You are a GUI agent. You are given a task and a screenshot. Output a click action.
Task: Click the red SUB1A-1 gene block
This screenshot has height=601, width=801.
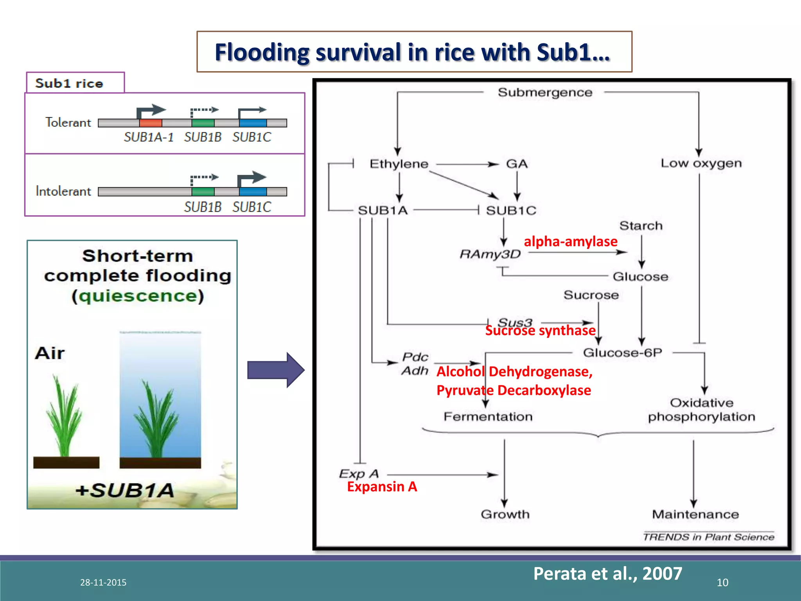tap(151, 123)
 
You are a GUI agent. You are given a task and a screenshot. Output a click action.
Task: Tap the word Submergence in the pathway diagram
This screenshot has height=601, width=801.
tap(545, 93)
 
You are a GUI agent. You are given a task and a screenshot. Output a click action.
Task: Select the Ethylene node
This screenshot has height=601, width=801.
tap(399, 164)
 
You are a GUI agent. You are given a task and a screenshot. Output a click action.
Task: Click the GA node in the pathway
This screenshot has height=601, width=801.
tap(517, 164)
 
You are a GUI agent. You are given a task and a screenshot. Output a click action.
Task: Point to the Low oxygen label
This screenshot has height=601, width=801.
tap(701, 163)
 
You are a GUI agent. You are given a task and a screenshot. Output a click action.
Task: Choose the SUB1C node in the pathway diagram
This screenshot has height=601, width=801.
tap(511, 211)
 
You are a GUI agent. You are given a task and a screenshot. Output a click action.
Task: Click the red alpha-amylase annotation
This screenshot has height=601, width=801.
tap(571, 241)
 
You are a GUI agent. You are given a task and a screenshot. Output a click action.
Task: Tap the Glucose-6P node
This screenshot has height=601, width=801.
tap(622, 353)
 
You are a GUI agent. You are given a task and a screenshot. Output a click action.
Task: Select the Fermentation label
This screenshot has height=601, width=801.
tap(488, 417)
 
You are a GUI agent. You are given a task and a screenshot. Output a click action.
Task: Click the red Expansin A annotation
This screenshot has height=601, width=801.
tap(382, 487)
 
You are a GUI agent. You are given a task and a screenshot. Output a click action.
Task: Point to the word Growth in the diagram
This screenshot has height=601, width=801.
tap(505, 514)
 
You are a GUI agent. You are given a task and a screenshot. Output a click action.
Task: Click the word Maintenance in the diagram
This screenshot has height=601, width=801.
tap(695, 514)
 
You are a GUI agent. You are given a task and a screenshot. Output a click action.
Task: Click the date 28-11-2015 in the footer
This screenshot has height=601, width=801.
tap(103, 582)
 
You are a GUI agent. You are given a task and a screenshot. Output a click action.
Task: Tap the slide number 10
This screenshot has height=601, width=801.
tap(722, 583)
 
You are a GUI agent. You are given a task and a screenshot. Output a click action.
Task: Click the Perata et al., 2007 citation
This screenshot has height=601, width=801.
tap(607, 574)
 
